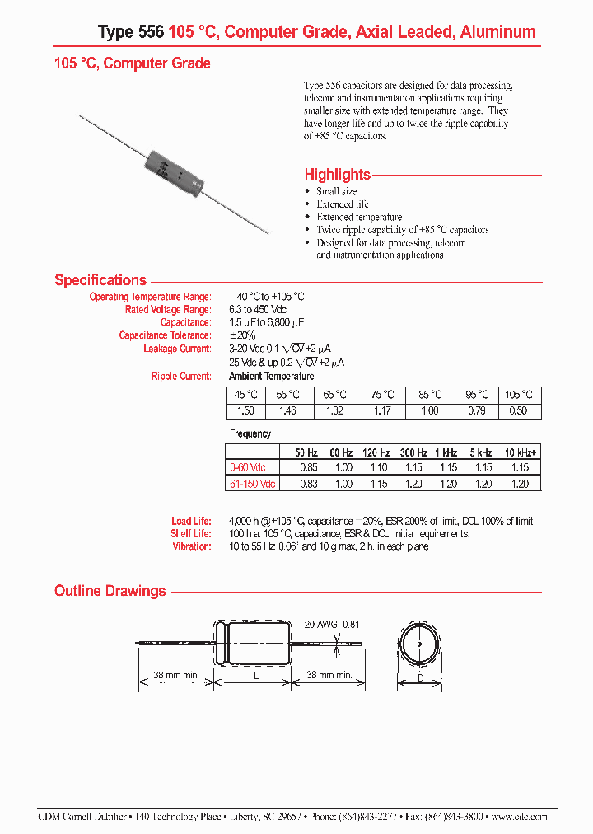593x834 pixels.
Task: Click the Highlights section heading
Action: [337, 175]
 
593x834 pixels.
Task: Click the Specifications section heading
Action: [100, 280]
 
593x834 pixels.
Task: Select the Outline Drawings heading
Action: [110, 591]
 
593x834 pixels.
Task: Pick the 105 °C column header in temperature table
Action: [519, 395]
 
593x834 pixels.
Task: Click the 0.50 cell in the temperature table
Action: [519, 410]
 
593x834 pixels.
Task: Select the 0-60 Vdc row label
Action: [252, 468]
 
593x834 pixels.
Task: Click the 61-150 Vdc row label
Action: [252, 484]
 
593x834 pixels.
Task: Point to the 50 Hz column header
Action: [306, 452]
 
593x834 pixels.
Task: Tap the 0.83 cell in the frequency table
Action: [306, 484]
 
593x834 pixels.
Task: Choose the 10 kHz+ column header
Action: [520, 452]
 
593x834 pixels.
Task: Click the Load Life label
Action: [191, 522]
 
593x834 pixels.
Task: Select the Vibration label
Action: [191, 546]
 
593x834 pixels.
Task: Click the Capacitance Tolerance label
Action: [165, 335]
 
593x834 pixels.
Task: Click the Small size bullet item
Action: [337, 191]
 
